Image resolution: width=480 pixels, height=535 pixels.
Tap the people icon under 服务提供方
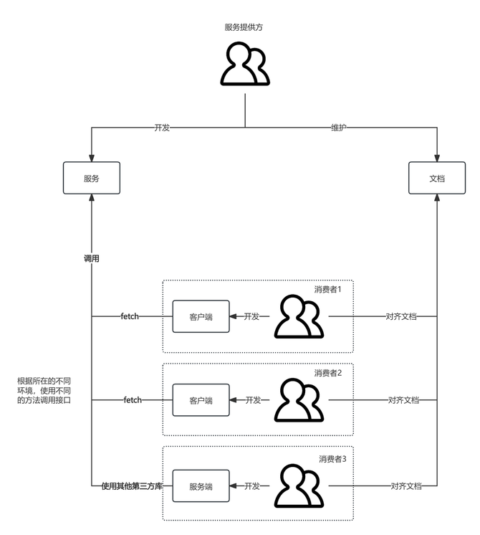pos(245,64)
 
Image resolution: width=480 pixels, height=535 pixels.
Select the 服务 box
pos(91,178)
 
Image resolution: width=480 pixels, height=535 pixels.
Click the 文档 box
pos(436,178)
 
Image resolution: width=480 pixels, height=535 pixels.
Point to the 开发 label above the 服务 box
pos(162,128)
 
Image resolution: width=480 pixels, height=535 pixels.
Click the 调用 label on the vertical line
pos(91,258)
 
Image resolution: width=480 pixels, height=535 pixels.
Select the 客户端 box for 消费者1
pos(201,316)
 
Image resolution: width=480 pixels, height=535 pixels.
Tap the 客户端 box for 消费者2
pos(201,400)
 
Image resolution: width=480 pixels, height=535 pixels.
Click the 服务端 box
pos(201,486)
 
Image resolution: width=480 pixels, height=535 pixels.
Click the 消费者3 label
pos(332,458)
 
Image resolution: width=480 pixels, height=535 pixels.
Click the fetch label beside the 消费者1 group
pos(130,316)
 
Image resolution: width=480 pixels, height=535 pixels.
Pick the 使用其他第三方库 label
pos(132,486)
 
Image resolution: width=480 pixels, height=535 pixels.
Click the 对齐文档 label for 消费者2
pos(403,400)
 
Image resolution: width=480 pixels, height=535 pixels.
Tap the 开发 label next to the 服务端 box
pos(253,486)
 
